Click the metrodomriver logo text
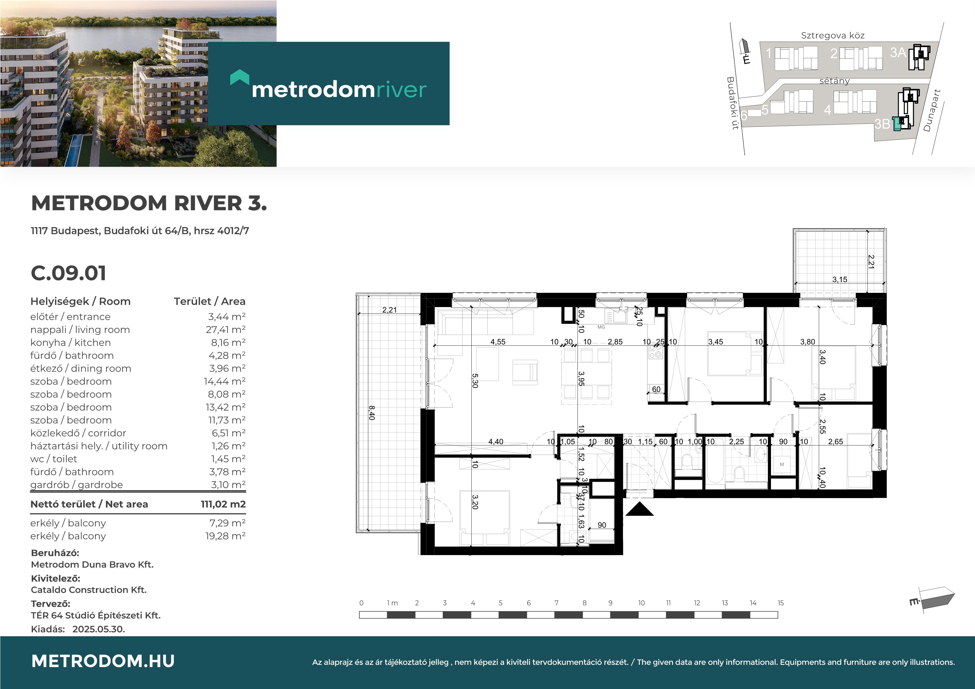coord(339,89)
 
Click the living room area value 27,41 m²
coord(225,330)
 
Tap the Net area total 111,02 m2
coord(223,504)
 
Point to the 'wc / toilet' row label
coord(54,459)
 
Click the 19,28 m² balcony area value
coord(225,536)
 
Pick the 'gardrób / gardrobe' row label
coord(76,485)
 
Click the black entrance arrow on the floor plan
coord(639,509)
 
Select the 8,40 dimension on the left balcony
coord(372,413)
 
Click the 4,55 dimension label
coord(498,342)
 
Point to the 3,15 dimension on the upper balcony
coord(840,279)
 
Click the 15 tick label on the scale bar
coord(780,603)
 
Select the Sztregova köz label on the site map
coord(833,36)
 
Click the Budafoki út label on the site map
coord(733,103)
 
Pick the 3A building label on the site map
coord(898,53)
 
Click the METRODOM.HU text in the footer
coord(103,661)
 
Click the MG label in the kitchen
coord(601,327)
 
